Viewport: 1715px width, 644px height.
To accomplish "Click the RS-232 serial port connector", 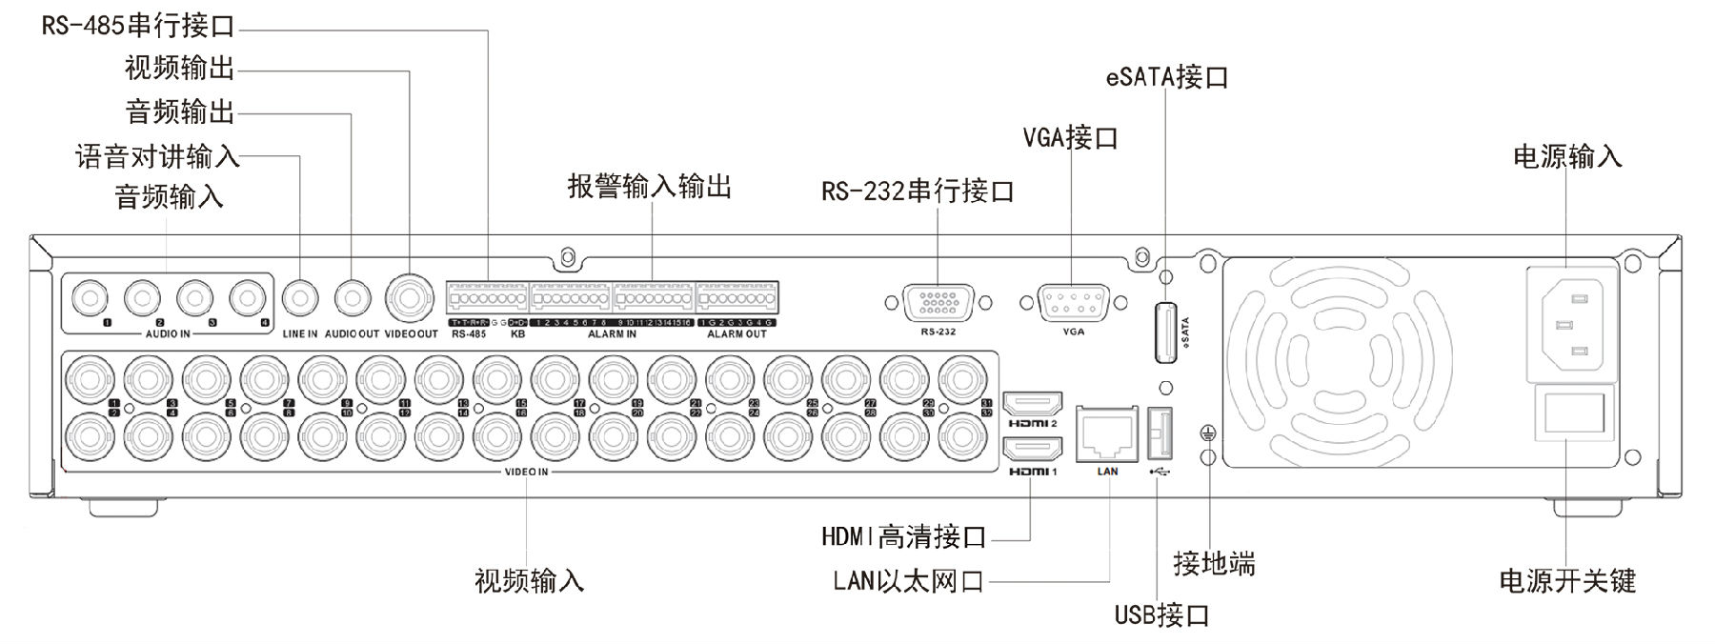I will pyautogui.click(x=938, y=304).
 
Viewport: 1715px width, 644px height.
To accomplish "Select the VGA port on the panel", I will pyautogui.click(x=1073, y=304).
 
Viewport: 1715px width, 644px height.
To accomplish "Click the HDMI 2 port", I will pyautogui.click(x=1033, y=404).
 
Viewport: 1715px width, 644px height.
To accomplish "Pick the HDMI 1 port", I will pyautogui.click(x=1033, y=451).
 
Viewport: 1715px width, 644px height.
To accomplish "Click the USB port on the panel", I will pyautogui.click(x=1159, y=433).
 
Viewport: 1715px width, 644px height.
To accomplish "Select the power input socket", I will pyautogui.click(x=1572, y=325).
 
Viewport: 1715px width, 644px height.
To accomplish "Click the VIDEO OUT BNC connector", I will pyautogui.click(x=411, y=298).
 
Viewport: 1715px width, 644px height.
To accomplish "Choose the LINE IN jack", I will pyautogui.click(x=300, y=298).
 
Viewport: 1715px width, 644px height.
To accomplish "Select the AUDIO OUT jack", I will pyautogui.click(x=352, y=298).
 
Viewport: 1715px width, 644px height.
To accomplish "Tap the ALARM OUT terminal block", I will pyautogui.click(x=736, y=298).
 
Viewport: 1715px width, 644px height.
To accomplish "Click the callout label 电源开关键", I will pyautogui.click(x=1567, y=580).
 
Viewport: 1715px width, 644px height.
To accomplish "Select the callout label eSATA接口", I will pyautogui.click(x=1167, y=77).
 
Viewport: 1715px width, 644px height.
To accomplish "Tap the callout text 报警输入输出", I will pyautogui.click(x=650, y=186).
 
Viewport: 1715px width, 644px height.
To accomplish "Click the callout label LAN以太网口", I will pyautogui.click(x=908, y=580).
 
